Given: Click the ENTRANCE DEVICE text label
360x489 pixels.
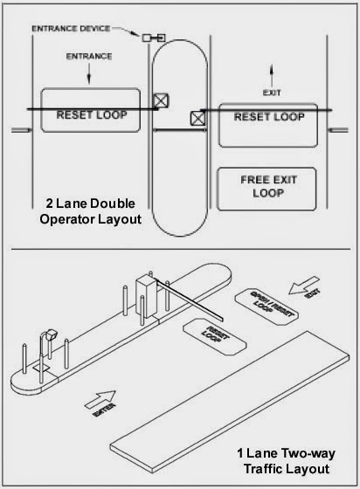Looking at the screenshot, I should pyautogui.click(x=72, y=29).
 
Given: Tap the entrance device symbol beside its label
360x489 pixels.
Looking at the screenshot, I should pyautogui.click(x=154, y=38).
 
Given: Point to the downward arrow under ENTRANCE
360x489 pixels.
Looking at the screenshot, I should pyautogui.click(x=88, y=78).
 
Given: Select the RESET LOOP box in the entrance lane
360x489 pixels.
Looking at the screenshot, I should pyautogui.click(x=90, y=111).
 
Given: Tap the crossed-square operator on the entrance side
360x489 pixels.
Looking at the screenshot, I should pyautogui.click(x=160, y=101).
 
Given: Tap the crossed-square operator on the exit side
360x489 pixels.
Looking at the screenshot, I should pyautogui.click(x=198, y=117).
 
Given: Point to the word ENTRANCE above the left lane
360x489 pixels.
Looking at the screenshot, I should pyautogui.click(x=88, y=57).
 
